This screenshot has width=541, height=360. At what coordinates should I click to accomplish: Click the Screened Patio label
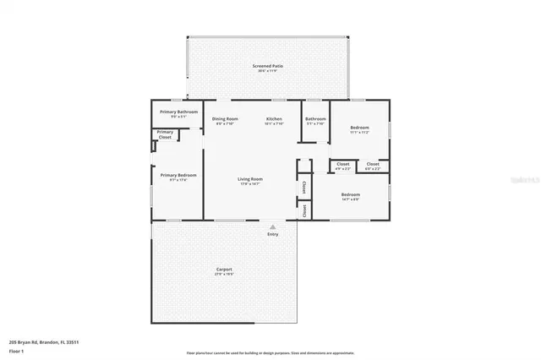click(x=266, y=65)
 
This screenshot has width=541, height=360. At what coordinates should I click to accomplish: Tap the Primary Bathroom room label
click(x=178, y=112)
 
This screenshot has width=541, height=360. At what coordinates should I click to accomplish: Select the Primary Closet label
click(x=165, y=134)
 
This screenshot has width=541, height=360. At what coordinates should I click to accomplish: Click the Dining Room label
click(x=225, y=119)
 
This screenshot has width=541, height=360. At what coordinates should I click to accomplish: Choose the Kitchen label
click(x=274, y=119)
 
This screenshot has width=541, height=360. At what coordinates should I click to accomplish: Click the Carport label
click(x=224, y=270)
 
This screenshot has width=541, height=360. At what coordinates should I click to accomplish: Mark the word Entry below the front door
click(x=272, y=234)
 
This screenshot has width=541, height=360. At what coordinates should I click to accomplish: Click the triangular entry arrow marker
click(x=272, y=226)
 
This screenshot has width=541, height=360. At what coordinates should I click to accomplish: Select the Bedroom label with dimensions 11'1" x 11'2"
click(x=359, y=128)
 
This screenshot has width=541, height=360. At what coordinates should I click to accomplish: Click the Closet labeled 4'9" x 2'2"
click(x=343, y=164)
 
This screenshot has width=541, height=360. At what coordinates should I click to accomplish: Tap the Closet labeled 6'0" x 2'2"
click(x=373, y=164)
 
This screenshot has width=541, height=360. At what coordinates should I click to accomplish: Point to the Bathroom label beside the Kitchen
click(x=315, y=119)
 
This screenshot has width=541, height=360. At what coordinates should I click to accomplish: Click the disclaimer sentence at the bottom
click(x=270, y=352)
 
